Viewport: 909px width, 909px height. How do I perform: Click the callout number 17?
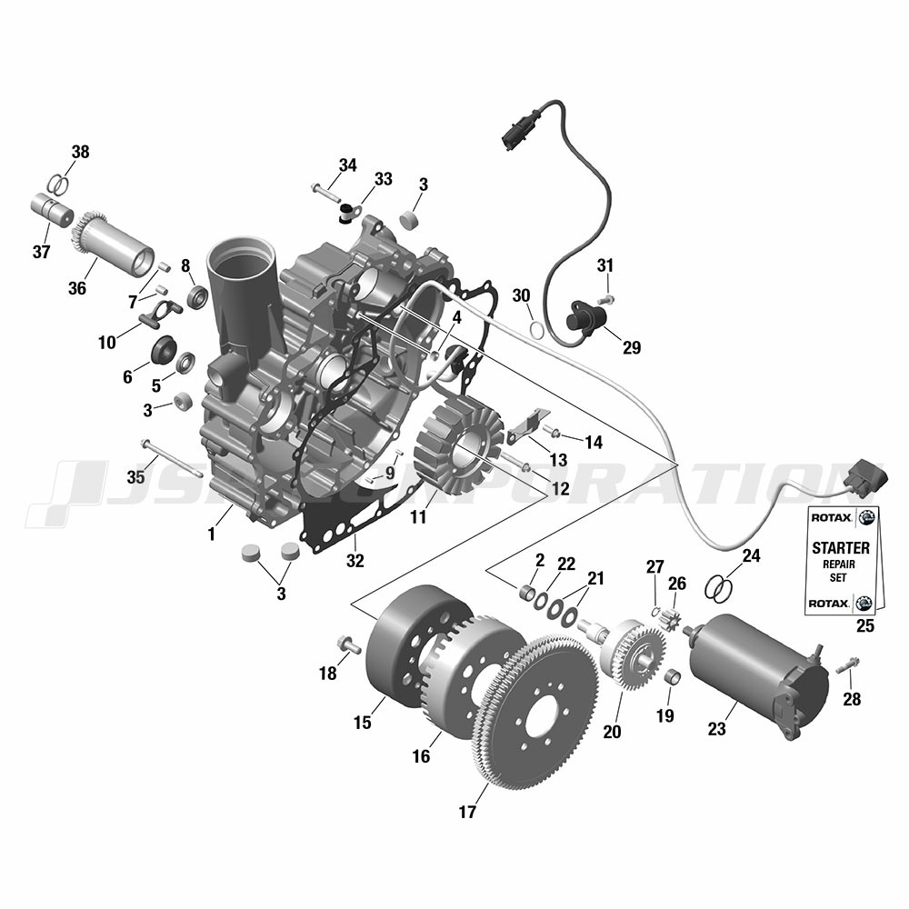click(467, 812)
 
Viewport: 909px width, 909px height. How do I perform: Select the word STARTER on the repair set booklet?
click(841, 548)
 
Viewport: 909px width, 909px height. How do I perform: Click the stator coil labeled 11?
click(458, 445)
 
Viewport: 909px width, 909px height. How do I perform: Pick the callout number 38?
click(81, 152)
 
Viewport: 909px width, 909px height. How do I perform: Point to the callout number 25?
click(865, 626)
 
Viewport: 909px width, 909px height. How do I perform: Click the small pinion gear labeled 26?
click(671, 620)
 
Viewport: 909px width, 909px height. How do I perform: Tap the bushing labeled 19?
click(672, 677)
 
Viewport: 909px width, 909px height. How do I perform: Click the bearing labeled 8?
click(198, 296)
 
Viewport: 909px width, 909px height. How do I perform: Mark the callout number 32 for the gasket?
click(355, 561)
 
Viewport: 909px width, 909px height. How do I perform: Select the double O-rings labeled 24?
click(719, 589)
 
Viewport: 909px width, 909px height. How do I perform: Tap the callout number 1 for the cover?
click(212, 534)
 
